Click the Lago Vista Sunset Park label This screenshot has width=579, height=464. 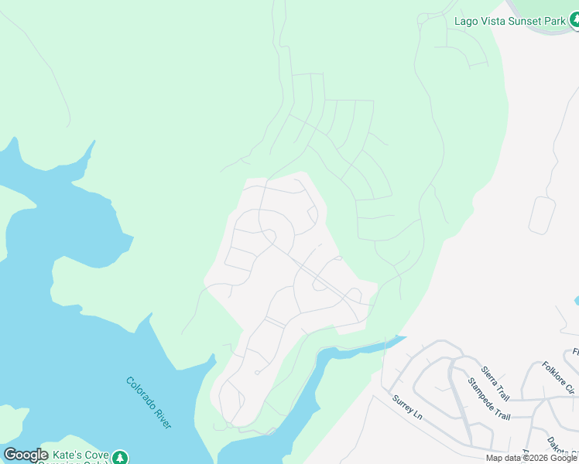click(510, 21)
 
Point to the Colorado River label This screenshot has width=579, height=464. click(149, 403)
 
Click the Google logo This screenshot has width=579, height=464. click(26, 455)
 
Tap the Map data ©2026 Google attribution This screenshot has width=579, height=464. click(532, 459)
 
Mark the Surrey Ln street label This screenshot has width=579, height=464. click(407, 408)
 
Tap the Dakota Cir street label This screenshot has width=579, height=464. click(561, 448)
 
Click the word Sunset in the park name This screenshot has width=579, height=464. click(525, 21)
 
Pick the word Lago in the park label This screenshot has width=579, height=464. click(465, 21)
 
